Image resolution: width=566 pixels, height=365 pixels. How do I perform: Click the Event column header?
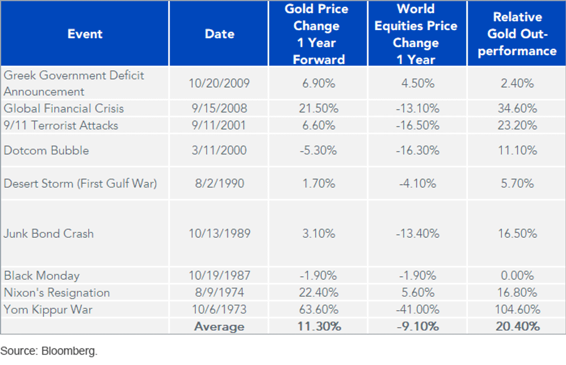(x=85, y=34)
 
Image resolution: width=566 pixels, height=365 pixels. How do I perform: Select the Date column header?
(x=220, y=34)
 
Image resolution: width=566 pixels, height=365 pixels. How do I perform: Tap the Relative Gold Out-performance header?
(x=517, y=34)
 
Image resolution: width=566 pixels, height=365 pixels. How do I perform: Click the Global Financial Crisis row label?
(x=64, y=108)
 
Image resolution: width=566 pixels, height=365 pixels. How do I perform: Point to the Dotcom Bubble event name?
(x=46, y=150)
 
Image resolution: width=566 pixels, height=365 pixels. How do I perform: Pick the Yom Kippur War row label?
(x=48, y=309)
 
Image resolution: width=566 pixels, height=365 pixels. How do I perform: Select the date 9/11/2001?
(x=219, y=125)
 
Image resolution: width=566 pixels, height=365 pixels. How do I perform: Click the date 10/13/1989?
(x=219, y=233)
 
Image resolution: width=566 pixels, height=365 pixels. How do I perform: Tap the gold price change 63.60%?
(x=319, y=309)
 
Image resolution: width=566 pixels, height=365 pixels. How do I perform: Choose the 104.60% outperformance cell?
(x=517, y=309)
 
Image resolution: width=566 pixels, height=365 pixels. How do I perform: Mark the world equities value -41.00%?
(x=418, y=309)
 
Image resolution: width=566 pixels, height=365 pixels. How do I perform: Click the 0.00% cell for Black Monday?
(x=517, y=275)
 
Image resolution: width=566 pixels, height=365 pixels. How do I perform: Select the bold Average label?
(x=219, y=327)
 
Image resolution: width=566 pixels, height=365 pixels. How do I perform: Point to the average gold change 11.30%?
(x=319, y=326)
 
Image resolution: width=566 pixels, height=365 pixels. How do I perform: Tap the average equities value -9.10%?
(x=418, y=326)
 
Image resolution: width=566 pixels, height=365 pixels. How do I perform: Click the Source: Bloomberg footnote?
(x=49, y=351)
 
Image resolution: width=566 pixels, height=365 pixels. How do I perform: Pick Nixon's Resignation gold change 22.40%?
(x=319, y=292)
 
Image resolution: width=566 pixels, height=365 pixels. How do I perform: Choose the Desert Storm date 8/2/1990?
(x=219, y=183)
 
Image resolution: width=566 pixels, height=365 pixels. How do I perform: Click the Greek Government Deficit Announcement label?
(x=74, y=83)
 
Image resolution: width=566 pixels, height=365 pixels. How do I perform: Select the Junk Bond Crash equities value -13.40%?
(x=418, y=233)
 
